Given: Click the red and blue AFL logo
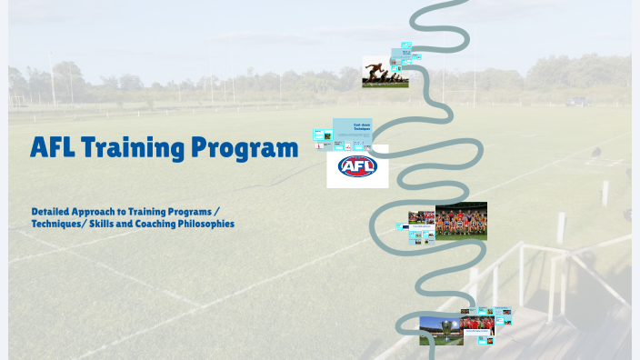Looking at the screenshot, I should point(357,166).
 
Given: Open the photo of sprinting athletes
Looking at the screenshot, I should point(385,72).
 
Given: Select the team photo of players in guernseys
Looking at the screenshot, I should point(461,221).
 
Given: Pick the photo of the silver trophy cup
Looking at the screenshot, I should point(441,330).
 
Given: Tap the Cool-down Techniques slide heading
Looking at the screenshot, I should point(362,128).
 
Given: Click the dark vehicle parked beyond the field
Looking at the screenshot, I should point(576,102).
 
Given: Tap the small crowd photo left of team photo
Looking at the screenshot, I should point(421,218).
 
